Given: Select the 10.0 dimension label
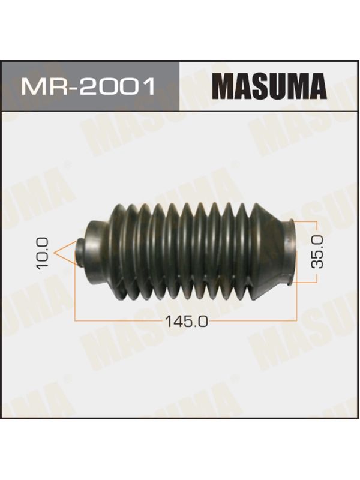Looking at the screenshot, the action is coord(42,254).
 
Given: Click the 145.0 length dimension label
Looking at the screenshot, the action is coord(186,322).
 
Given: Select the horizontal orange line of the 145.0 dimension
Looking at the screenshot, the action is coord(186,321).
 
